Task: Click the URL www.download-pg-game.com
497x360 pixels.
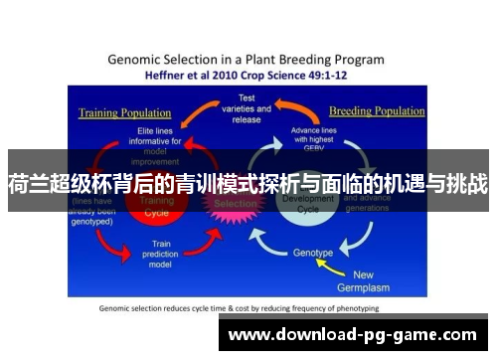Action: click(x=353, y=334)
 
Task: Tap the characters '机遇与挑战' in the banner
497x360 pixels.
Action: click(x=440, y=183)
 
